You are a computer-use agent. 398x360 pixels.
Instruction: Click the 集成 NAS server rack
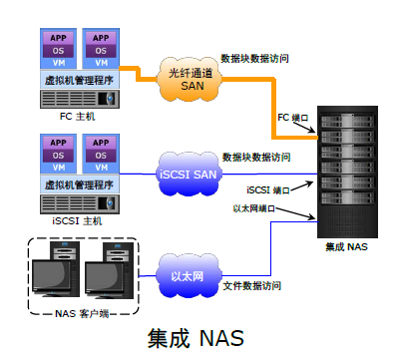345,169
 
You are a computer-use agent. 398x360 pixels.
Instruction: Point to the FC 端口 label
292,118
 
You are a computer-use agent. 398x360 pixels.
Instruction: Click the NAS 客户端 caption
80,314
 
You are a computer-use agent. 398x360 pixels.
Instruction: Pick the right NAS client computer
107,279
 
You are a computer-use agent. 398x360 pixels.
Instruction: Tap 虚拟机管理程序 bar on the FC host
79,78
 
